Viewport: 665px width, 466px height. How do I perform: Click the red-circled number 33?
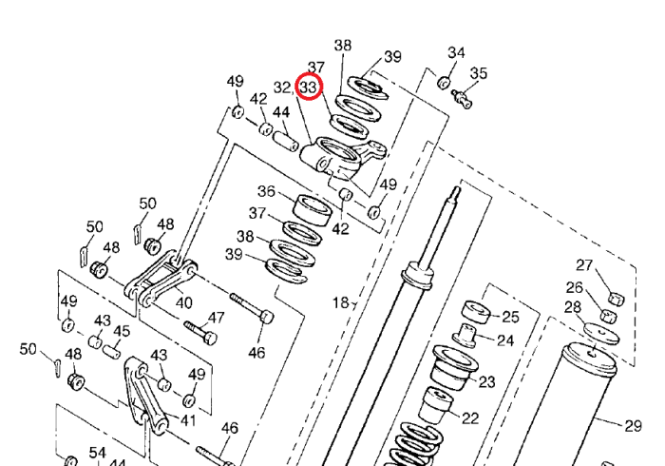pyautogui.click(x=309, y=87)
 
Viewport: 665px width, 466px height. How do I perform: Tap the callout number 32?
pyautogui.click(x=282, y=87)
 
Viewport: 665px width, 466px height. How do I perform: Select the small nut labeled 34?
pyautogui.click(x=444, y=83)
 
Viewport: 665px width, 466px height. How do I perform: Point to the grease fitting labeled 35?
pyautogui.click(x=462, y=99)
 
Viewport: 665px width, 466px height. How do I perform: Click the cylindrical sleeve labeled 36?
pyautogui.click(x=313, y=209)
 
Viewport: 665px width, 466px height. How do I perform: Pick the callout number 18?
pyautogui.click(x=340, y=302)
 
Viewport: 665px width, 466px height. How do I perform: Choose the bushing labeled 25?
pyautogui.click(x=475, y=312)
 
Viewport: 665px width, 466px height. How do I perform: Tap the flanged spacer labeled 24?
pyautogui.click(x=465, y=336)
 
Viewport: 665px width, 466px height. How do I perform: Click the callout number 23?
pyautogui.click(x=486, y=382)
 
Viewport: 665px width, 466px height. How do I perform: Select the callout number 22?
pyautogui.click(x=470, y=418)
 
